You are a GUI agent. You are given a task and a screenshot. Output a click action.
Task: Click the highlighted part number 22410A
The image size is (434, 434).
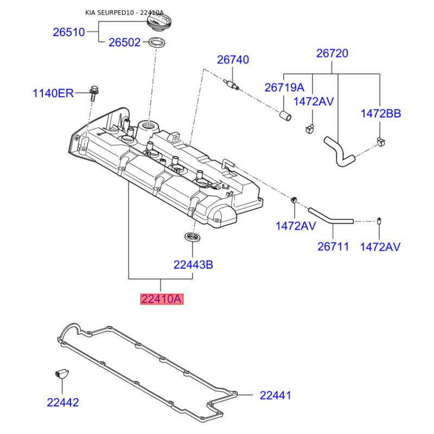(x=162, y=298)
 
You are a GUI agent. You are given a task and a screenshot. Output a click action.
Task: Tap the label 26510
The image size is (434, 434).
(x=69, y=32)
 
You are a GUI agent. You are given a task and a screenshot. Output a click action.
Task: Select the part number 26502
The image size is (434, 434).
(x=124, y=42)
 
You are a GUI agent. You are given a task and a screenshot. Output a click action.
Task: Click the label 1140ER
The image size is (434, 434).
(x=53, y=93)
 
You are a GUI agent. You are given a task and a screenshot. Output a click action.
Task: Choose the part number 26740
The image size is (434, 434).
(x=233, y=60)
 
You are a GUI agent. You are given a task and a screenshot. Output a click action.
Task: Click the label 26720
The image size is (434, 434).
(x=333, y=54)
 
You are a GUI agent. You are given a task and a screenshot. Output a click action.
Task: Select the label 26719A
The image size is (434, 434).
(x=284, y=87)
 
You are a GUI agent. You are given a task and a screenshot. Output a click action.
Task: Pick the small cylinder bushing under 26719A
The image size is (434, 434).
(x=285, y=115)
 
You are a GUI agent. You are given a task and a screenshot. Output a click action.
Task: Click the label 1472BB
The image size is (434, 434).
(x=380, y=113)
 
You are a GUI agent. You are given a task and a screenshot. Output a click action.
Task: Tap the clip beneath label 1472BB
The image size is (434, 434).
(x=381, y=142)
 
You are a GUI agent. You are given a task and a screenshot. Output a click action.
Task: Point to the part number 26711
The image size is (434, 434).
(x=333, y=247)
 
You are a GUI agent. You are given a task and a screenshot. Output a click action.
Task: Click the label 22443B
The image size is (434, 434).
(x=193, y=265)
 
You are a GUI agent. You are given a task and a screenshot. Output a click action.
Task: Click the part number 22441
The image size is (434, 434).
(x=275, y=395)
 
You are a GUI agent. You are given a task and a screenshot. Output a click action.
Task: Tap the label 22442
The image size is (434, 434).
(x=63, y=403)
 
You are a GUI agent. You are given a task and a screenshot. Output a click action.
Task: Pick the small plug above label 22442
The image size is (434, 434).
(x=61, y=373)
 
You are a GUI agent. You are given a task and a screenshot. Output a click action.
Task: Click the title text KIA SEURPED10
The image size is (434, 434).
(x=108, y=12)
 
